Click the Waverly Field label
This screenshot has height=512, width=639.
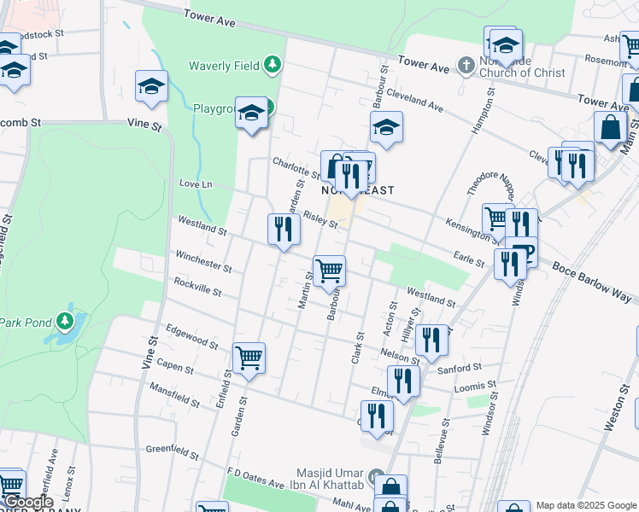[226, 65]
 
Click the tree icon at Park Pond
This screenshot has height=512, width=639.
[65, 322]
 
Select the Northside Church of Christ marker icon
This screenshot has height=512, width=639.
[466, 65]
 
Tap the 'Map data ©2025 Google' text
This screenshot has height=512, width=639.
[586, 505]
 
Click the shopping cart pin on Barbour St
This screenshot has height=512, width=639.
[329, 272]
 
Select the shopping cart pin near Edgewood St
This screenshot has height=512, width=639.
[249, 358]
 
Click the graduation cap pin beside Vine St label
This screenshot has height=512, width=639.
[151, 86]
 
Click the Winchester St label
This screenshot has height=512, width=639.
[202, 260]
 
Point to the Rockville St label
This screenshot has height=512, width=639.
[197, 287]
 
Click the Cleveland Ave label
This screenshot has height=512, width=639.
[414, 102]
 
